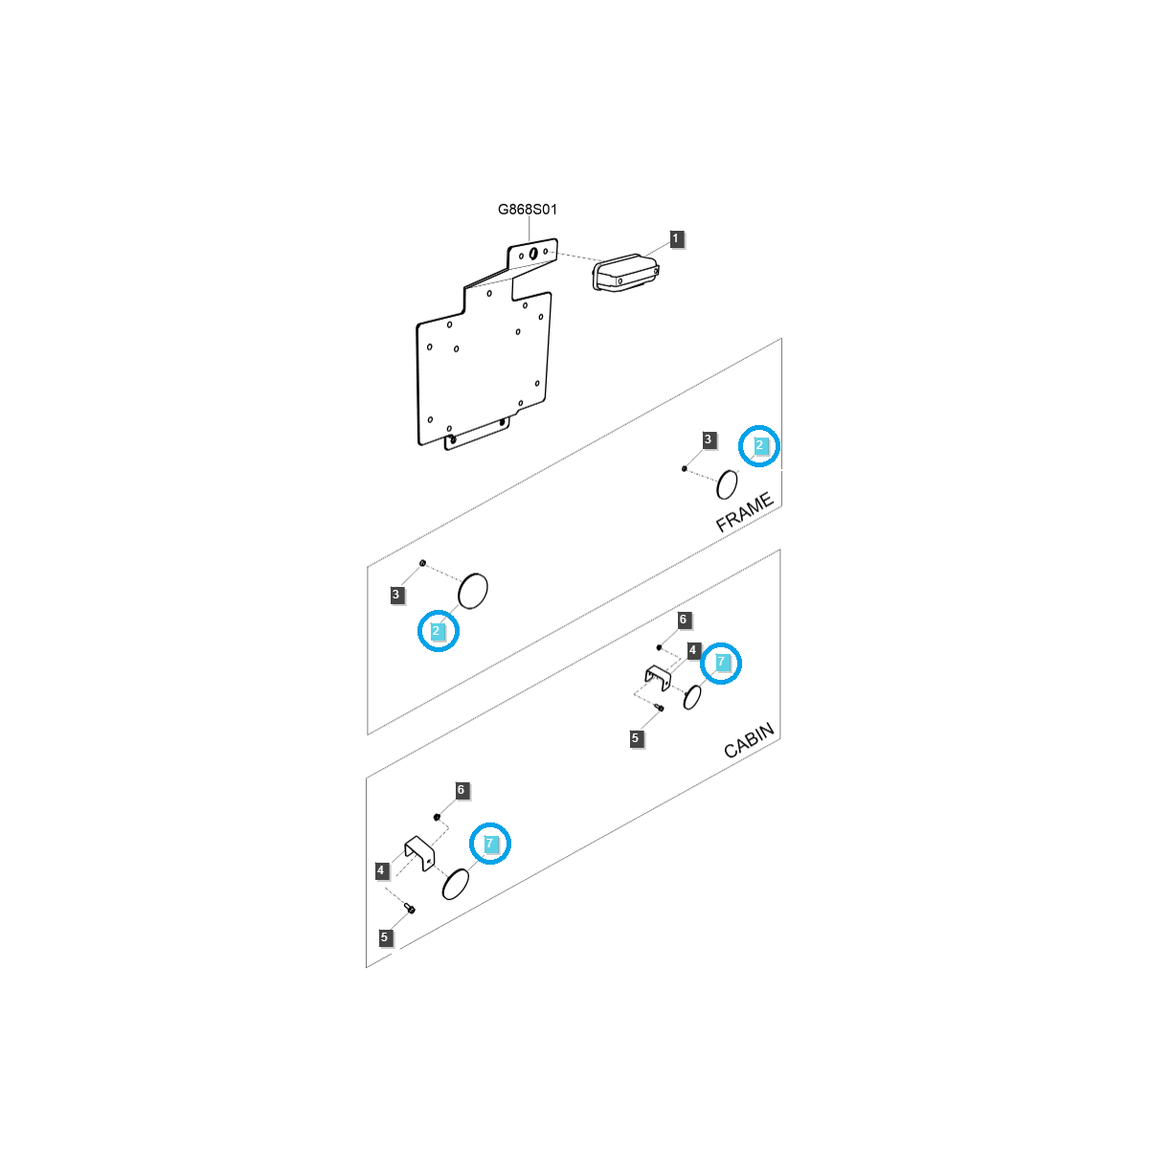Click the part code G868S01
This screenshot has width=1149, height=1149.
(527, 210)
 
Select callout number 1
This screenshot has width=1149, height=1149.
(676, 238)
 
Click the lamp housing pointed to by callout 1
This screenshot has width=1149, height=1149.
(625, 273)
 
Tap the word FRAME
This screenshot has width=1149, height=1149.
(744, 512)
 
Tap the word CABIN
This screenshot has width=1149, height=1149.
(749, 740)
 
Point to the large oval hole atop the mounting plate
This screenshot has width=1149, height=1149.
(533, 254)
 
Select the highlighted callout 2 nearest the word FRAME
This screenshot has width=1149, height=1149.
(759, 445)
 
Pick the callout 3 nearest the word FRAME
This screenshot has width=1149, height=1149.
(708, 440)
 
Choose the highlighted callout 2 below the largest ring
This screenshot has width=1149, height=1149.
(436, 631)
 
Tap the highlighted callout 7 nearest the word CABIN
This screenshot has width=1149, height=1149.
(721, 662)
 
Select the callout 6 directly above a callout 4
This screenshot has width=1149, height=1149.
(684, 620)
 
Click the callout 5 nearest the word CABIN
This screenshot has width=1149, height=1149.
(635, 738)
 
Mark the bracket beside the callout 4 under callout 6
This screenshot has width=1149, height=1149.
(657, 677)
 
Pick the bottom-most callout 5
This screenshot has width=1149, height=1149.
(385, 937)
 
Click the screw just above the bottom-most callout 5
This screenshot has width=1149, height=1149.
(410, 909)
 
